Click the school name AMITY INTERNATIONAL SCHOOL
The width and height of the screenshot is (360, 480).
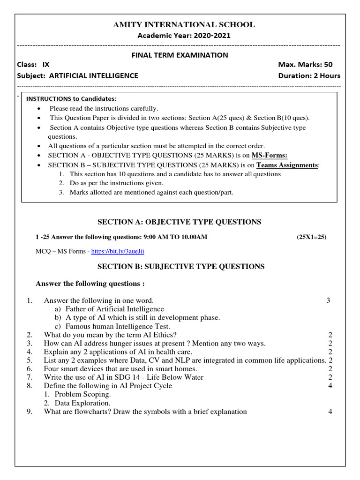pyautogui.click(x=184, y=25)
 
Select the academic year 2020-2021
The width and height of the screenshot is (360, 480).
pyautogui.click(x=207, y=36)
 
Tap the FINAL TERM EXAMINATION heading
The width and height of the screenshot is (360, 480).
pyautogui.click(x=180, y=55)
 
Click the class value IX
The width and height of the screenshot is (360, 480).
pyautogui.click(x=46, y=65)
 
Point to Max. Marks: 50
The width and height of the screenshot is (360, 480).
pyautogui.click(x=305, y=65)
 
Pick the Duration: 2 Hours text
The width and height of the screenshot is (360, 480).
pyautogui.click(x=309, y=75)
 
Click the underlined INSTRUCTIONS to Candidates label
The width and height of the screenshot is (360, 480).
pyautogui.click(x=70, y=99)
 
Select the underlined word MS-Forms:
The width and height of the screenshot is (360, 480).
pyautogui.click(x=270, y=155)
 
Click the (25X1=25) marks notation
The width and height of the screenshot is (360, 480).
pyautogui.click(x=312, y=237)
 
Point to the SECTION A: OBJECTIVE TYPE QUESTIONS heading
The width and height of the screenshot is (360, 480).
pyautogui.click(x=180, y=222)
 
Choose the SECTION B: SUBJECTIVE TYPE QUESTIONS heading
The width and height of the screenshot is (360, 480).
pyautogui.click(x=181, y=266)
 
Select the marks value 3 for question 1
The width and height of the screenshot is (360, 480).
pyautogui.click(x=328, y=300)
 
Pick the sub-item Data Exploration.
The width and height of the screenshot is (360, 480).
pyautogui.click(x=82, y=403)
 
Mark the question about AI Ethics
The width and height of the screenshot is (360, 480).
pyautogui.click(x=110, y=335)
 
